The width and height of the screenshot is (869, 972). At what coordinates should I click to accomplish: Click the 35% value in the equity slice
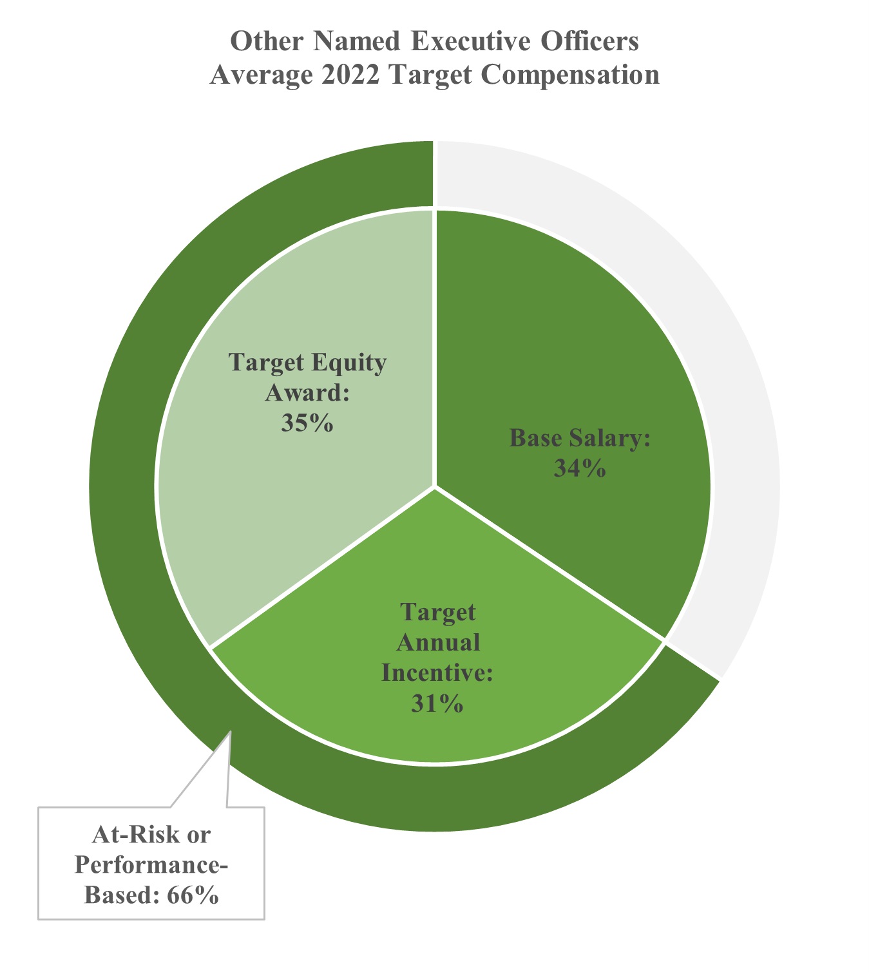click(307, 423)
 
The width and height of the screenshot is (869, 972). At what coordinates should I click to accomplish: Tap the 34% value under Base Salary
click(580, 468)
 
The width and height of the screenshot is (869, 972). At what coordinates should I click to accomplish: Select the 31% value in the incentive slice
click(437, 704)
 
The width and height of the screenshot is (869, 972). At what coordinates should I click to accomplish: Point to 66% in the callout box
click(193, 895)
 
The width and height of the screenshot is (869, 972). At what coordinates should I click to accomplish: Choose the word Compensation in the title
click(569, 75)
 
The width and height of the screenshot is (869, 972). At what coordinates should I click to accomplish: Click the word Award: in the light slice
click(307, 393)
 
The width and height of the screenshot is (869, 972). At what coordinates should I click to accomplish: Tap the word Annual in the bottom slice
click(438, 642)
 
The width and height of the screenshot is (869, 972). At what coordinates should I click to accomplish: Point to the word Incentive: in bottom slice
click(437, 673)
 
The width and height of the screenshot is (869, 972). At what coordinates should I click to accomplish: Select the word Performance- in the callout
click(151, 865)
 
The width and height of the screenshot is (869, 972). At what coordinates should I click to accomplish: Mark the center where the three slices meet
click(435, 487)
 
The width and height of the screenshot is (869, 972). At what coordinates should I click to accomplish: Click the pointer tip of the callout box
click(230, 732)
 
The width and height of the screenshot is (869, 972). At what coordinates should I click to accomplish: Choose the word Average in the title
click(260, 75)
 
